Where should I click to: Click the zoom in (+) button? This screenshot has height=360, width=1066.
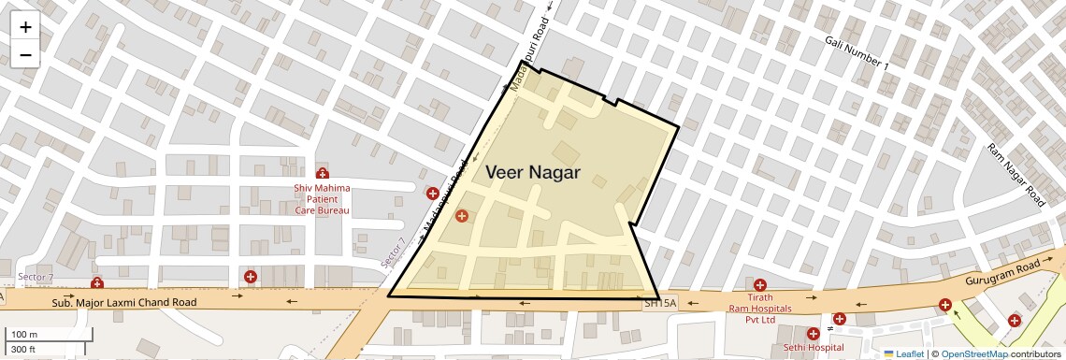(x=25, y=27)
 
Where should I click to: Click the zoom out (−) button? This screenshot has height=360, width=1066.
(x=25, y=54)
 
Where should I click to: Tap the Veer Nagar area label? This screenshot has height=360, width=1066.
(x=532, y=173)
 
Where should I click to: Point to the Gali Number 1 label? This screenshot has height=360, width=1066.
(x=857, y=53)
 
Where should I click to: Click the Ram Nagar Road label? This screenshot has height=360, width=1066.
(x=1016, y=175)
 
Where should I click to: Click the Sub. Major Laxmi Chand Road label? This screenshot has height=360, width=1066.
(x=124, y=303)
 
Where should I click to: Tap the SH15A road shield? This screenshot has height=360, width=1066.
(x=660, y=304)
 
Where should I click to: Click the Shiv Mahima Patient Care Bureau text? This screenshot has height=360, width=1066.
(x=322, y=199)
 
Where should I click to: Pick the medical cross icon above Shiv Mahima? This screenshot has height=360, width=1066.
(x=323, y=174)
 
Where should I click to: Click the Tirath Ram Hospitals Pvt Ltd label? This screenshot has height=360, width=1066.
(x=760, y=309)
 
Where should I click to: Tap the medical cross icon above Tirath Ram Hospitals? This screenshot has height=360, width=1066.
(x=760, y=285)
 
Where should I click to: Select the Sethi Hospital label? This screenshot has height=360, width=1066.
(x=807, y=348)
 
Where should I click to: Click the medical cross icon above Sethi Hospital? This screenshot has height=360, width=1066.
(x=812, y=333)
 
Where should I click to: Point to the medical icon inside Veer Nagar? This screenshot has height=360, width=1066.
(x=461, y=217)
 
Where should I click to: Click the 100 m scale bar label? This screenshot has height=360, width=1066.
(x=24, y=335)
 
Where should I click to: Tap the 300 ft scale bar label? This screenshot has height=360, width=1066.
(x=24, y=350)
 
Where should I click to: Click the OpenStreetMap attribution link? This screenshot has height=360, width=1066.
(x=973, y=353)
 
